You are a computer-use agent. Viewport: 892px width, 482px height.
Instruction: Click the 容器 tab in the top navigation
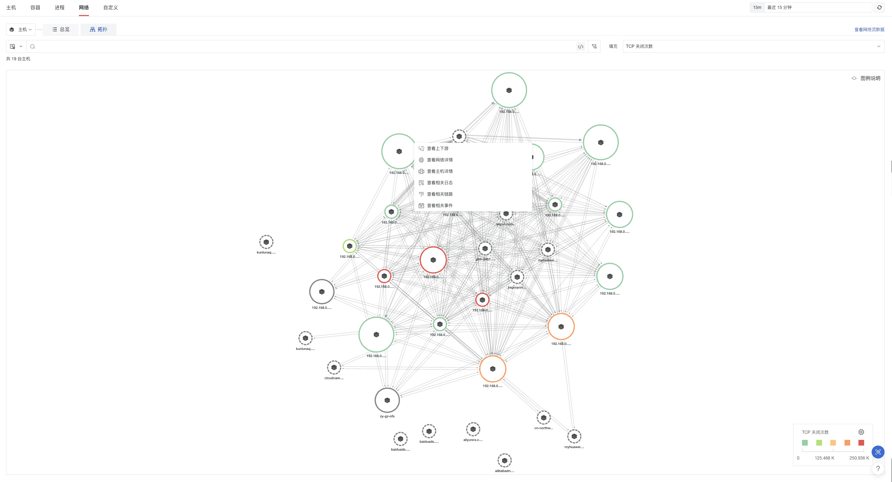[x=35, y=7]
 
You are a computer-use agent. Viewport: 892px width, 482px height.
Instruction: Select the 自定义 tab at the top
[x=110, y=7]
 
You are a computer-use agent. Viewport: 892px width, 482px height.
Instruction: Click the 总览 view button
[x=61, y=29]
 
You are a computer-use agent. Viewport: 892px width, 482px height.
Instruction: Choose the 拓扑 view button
[x=98, y=29]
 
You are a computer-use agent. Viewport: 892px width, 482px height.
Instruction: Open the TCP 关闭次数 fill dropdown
[x=753, y=46]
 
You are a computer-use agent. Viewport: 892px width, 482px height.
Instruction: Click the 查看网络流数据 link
[x=869, y=30]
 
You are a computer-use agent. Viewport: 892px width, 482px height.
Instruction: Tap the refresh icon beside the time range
[x=879, y=7]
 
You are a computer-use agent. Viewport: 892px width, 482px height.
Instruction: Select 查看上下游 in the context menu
[x=437, y=149]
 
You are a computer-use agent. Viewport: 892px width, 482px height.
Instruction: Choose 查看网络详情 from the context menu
[x=440, y=160]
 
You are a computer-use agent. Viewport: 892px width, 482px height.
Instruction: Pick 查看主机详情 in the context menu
[x=440, y=171]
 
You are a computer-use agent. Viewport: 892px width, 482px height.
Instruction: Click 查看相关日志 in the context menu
[x=440, y=183]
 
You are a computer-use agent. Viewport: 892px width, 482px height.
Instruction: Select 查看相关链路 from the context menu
[x=440, y=194]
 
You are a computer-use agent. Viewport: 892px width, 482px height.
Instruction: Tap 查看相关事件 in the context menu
[x=440, y=206]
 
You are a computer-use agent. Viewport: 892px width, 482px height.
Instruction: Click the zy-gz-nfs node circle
[x=387, y=400]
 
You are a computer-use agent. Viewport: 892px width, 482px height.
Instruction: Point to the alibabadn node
[x=504, y=461]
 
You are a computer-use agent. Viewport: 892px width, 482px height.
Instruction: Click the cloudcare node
[x=334, y=367]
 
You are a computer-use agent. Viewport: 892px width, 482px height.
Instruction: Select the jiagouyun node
[x=517, y=277]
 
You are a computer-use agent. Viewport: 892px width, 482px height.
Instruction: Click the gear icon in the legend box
[x=861, y=432]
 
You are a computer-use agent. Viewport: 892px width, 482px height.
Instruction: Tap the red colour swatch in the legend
[x=861, y=443]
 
